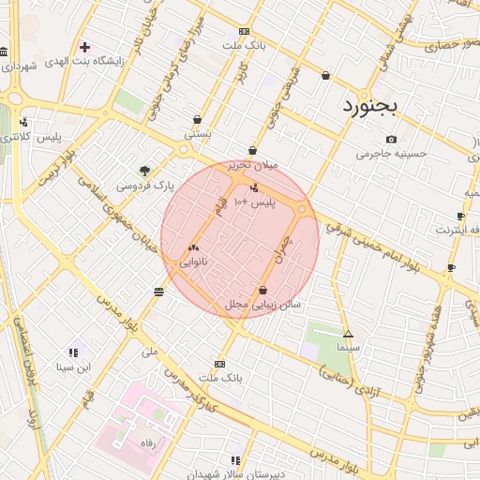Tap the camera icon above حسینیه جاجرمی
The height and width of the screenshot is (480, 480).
tap(391, 140)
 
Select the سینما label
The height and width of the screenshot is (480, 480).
tap(348, 347)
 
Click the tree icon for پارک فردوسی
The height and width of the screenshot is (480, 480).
tap(144, 171)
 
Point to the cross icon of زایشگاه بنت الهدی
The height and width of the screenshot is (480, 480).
tap(85, 47)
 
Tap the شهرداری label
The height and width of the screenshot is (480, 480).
tap(18, 66)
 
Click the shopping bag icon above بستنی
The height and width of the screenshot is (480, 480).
tap(198, 119)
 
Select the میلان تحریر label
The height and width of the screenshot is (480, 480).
tap(254, 165)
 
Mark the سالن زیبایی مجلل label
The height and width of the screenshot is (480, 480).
tap(262, 305)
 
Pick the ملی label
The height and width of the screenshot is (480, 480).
tap(150, 352)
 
